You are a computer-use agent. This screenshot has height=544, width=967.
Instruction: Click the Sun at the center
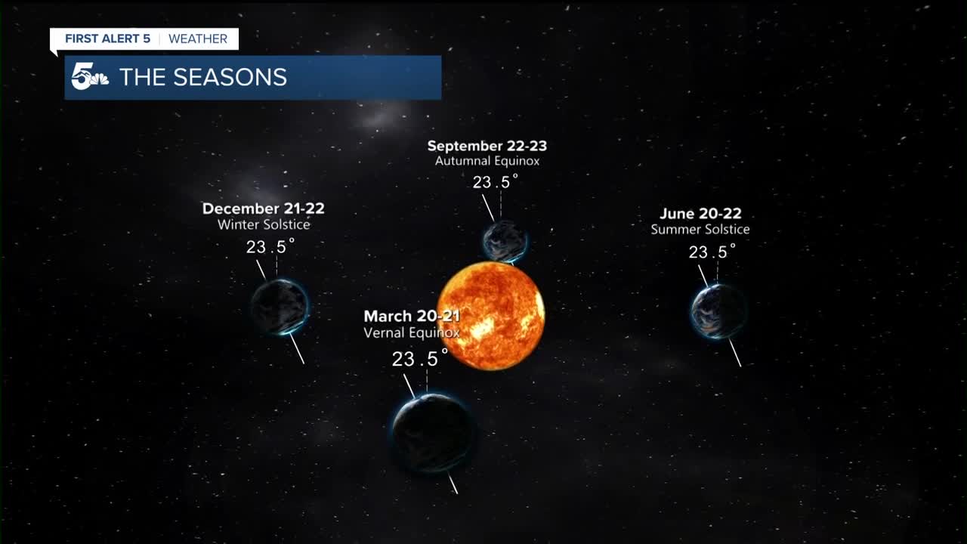[x=491, y=316]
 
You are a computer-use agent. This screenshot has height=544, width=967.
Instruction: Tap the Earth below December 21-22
[x=280, y=308]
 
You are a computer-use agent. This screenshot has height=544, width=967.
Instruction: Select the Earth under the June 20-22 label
[x=718, y=311]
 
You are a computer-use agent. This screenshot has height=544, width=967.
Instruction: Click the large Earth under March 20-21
[x=433, y=433]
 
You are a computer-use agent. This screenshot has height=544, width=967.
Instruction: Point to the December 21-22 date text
[x=264, y=209]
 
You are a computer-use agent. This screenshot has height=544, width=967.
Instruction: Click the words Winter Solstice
[x=264, y=224]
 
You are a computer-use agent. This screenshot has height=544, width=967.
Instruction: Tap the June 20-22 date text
[x=700, y=213]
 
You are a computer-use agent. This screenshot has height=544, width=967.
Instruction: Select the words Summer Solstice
[x=700, y=229]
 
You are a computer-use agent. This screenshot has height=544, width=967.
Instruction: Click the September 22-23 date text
[x=487, y=146]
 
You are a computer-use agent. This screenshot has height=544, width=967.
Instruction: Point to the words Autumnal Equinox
[x=487, y=161]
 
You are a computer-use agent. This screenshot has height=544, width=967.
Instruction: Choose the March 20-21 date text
[x=412, y=316]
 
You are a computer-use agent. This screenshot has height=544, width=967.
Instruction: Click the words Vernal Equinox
[x=412, y=332]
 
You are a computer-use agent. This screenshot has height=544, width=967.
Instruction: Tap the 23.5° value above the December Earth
[x=270, y=246]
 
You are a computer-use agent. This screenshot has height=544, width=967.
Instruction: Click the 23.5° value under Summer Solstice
[x=712, y=252]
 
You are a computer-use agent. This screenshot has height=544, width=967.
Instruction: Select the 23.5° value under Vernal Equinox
[x=420, y=358]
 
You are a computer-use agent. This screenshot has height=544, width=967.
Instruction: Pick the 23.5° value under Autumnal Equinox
[x=495, y=182]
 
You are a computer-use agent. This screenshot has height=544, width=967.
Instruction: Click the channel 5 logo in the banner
[x=90, y=76]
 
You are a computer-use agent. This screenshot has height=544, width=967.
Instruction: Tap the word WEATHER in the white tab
[x=198, y=39]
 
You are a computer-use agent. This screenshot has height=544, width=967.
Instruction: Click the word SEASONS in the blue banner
[x=230, y=77]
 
